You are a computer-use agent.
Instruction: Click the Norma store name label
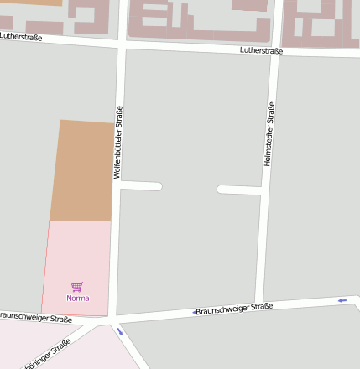tap(77, 298)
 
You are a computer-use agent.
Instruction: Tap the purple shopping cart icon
tap(77, 287)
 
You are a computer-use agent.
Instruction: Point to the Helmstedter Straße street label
tap(269, 133)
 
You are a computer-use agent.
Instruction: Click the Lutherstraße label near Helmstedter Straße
tap(261, 50)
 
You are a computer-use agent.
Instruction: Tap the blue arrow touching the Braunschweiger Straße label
tap(195, 312)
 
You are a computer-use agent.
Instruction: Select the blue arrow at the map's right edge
tap(342, 299)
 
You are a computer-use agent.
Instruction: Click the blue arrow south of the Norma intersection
tap(119, 331)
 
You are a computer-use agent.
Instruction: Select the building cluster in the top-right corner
tap(320, 23)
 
